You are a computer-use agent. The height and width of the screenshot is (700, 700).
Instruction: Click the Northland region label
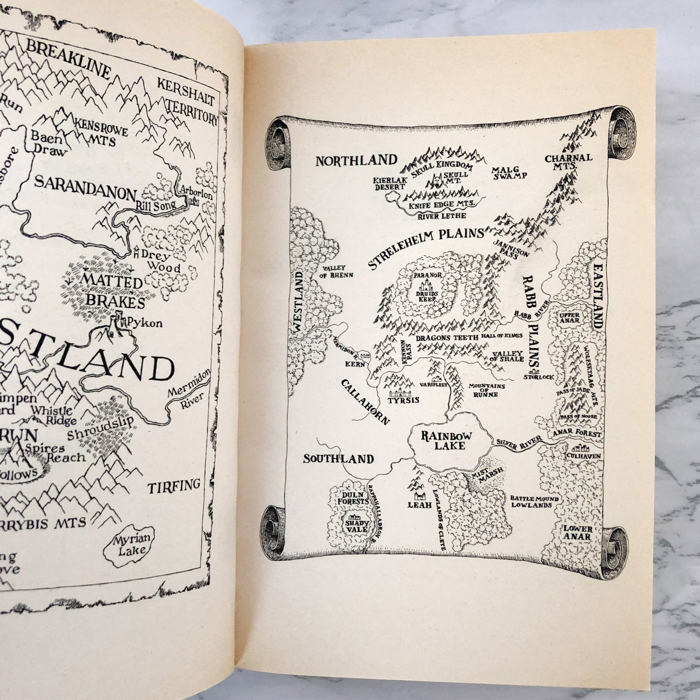(x=356, y=160)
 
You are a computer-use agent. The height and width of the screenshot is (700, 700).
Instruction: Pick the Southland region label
(x=339, y=458)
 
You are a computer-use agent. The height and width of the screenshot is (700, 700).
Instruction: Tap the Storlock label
(x=542, y=376)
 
